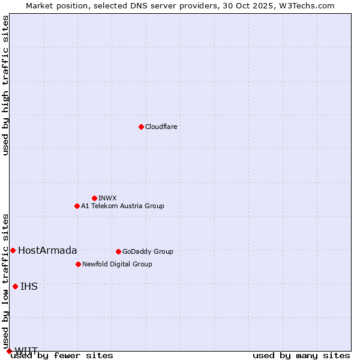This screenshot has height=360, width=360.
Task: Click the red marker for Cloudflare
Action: click(x=141, y=127)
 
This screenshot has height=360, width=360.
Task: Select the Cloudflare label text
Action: click(x=161, y=127)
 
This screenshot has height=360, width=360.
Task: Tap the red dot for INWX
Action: click(x=94, y=198)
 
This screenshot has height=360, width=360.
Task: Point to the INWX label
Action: click(x=107, y=198)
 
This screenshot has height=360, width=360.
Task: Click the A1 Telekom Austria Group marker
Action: click(x=77, y=206)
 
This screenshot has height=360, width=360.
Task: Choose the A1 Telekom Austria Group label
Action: click(x=122, y=206)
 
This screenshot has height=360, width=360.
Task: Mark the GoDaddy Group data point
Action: click(x=118, y=251)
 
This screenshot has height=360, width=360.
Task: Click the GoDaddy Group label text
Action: click(x=148, y=251)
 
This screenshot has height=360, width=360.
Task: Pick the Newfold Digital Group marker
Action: click(x=78, y=264)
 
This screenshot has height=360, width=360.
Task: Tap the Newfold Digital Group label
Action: click(x=117, y=264)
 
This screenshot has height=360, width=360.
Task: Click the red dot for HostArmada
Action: click(x=13, y=250)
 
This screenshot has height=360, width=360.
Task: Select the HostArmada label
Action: click(x=47, y=250)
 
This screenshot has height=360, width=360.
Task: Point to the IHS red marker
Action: click(x=15, y=286)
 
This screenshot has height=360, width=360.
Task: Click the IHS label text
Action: click(x=29, y=286)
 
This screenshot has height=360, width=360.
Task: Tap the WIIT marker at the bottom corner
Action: click(x=9, y=351)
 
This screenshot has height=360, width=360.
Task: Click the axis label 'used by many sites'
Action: click(x=301, y=355)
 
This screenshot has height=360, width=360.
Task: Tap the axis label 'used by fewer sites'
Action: click(x=62, y=355)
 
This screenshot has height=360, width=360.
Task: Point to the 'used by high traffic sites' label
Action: click(x=5, y=85)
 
